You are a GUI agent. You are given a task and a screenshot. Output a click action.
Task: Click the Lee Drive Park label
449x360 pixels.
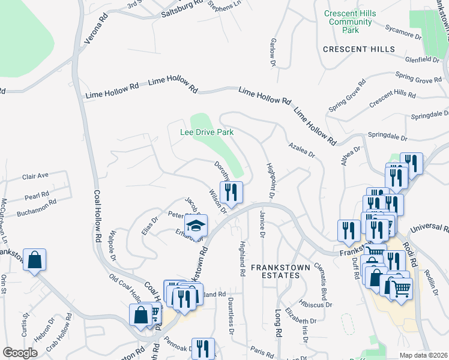tap(207, 131)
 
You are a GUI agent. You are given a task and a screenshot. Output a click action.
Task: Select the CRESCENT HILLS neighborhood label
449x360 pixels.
tap(358, 49)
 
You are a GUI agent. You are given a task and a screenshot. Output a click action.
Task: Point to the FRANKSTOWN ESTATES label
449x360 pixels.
tap(275, 271)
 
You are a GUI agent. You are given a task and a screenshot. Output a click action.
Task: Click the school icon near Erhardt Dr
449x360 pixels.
tap(196, 226)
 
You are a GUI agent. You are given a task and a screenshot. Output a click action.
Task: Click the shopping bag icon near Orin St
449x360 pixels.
tap(35, 260)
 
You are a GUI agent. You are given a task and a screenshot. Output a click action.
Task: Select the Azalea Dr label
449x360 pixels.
tap(301, 150)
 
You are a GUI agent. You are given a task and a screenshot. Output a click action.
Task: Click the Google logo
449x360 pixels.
tap(20, 353)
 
